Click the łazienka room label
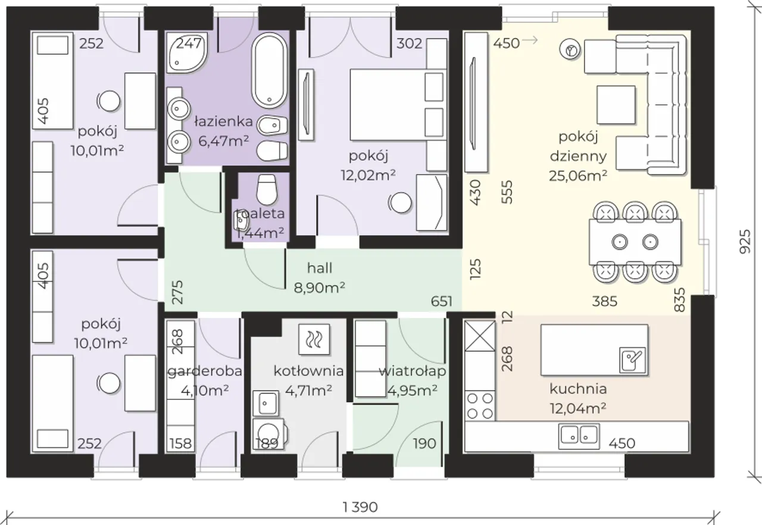(x=223, y=121)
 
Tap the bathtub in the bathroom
(x=269, y=70)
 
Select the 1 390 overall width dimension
(x=360, y=507)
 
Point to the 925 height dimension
(x=745, y=242)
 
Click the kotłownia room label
(x=308, y=371)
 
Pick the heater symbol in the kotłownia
(x=314, y=339)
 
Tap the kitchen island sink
(x=632, y=360)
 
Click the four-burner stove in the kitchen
(x=480, y=405)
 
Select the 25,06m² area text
(x=578, y=176)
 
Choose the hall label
(x=320, y=268)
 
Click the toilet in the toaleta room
(x=266, y=190)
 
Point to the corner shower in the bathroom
(x=187, y=53)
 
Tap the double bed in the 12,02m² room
(x=398, y=105)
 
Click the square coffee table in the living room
(x=616, y=105)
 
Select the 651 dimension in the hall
(x=442, y=301)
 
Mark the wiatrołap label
(x=413, y=371)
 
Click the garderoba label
(x=205, y=371)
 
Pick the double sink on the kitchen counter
(x=579, y=436)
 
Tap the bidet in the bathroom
(x=272, y=125)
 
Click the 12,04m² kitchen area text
(x=578, y=408)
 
